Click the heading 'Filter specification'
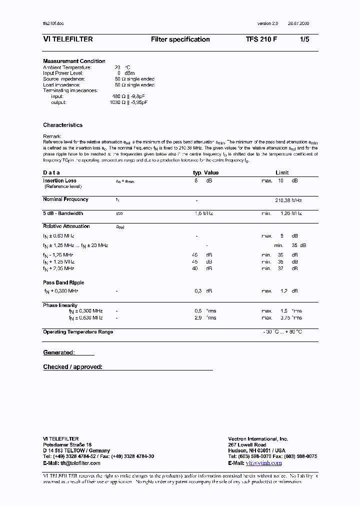click(x=180, y=39)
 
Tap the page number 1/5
click(x=304, y=39)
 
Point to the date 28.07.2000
click(x=298, y=24)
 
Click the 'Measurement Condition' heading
click(x=74, y=61)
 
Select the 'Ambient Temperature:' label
click(x=67, y=67)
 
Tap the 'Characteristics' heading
click(x=62, y=125)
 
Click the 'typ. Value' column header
click(x=205, y=172)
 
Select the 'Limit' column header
click(x=282, y=172)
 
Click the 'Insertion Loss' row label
click(x=59, y=180)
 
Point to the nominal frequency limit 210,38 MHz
click(x=288, y=200)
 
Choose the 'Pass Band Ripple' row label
click(x=63, y=282)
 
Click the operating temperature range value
click(x=282, y=332)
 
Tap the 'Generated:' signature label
click(x=59, y=352)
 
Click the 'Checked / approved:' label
click(x=72, y=367)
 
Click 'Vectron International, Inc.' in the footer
click(x=258, y=438)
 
